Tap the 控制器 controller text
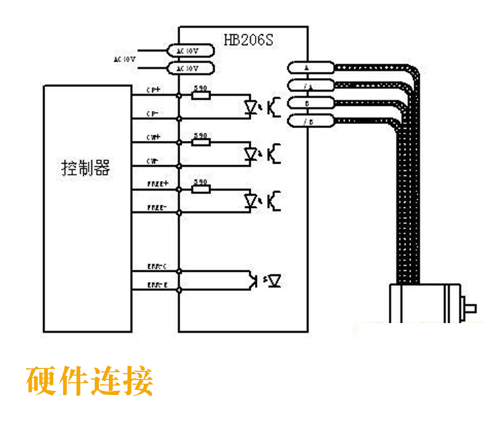click(85, 168)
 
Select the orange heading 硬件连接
click(90, 380)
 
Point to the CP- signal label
click(152, 114)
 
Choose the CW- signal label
click(152, 161)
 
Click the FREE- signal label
click(156, 208)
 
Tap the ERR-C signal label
click(156, 267)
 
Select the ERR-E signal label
click(156, 286)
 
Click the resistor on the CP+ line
click(201, 95)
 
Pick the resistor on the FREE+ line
click(201, 189)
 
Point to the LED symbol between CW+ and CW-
click(251, 154)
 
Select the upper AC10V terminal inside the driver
click(190, 51)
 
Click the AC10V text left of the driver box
click(125, 60)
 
